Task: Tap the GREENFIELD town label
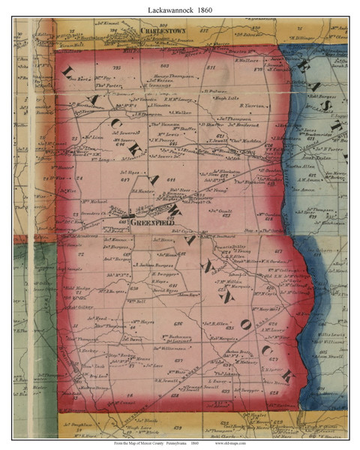point(151,223)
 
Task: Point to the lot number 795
point(116,68)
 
